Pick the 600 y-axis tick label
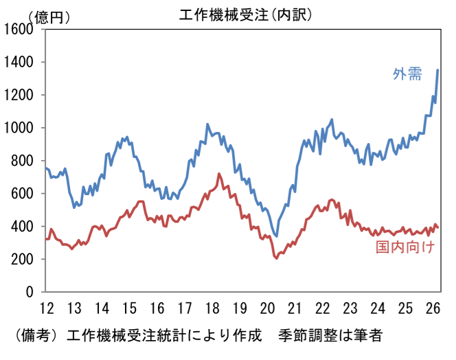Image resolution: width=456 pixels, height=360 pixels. [23, 194]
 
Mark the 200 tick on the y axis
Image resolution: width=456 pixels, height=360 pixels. [23, 259]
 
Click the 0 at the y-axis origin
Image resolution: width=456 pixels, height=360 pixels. [30, 292]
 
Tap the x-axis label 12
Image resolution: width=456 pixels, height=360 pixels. [46, 307]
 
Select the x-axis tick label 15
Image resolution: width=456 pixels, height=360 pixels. [130, 307]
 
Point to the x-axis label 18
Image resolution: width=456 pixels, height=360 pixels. [212, 307]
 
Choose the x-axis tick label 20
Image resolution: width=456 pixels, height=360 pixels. [268, 307]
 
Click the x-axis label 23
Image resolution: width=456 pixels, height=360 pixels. [351, 307]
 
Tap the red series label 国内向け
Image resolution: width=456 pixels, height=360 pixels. [406, 247]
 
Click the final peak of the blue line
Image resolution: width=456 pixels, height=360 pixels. [438, 69]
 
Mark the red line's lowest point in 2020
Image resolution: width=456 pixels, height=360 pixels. [276, 258]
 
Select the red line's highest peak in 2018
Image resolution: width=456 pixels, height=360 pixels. [218, 174]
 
